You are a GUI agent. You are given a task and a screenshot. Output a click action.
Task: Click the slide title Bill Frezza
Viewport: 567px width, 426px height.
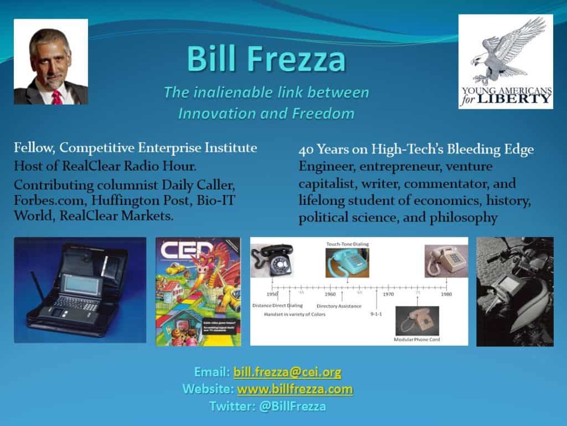point(266,59)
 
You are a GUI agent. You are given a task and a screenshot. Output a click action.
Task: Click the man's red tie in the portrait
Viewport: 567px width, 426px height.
point(56,96)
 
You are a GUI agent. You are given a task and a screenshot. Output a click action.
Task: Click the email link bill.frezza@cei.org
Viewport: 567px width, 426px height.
point(287,372)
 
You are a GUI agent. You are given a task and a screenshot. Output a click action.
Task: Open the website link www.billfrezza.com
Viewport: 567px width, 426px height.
point(295,389)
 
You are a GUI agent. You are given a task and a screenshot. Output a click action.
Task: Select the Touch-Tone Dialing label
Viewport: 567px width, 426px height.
point(347,244)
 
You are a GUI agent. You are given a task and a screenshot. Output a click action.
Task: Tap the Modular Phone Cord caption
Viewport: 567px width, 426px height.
point(416,339)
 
